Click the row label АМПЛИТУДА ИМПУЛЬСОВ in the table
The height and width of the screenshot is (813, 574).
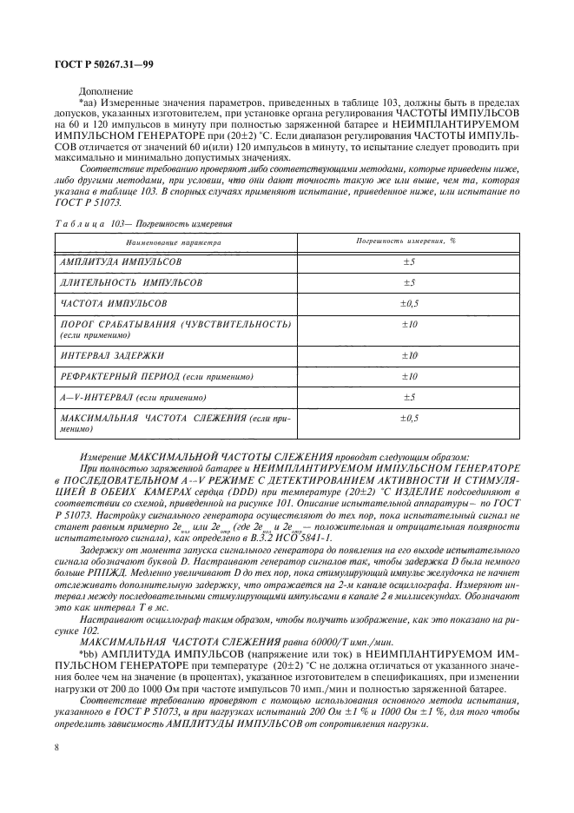[x=121, y=261]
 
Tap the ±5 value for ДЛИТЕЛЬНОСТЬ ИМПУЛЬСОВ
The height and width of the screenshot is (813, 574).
[x=408, y=283]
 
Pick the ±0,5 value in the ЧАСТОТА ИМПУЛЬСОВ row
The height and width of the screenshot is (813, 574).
[x=408, y=304]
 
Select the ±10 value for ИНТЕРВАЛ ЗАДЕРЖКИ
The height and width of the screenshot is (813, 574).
[x=408, y=355]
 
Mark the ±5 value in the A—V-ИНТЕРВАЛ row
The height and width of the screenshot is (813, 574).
[x=408, y=397]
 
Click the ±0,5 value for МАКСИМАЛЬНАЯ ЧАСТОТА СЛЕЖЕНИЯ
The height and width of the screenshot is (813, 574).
[x=408, y=419]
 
